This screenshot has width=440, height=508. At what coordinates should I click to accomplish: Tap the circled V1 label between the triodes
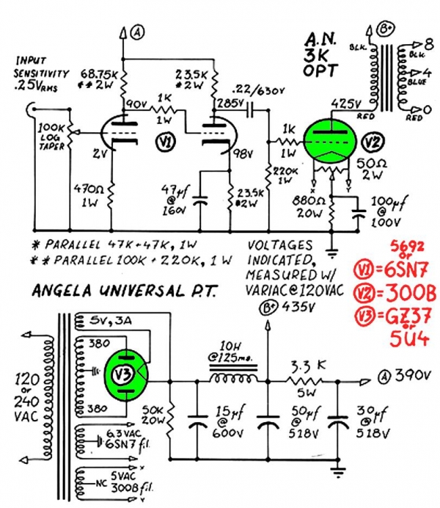point(166,142)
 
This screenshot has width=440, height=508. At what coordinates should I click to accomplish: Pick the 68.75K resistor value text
point(93,75)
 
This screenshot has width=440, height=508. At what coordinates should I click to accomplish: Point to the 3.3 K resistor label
point(301,363)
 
